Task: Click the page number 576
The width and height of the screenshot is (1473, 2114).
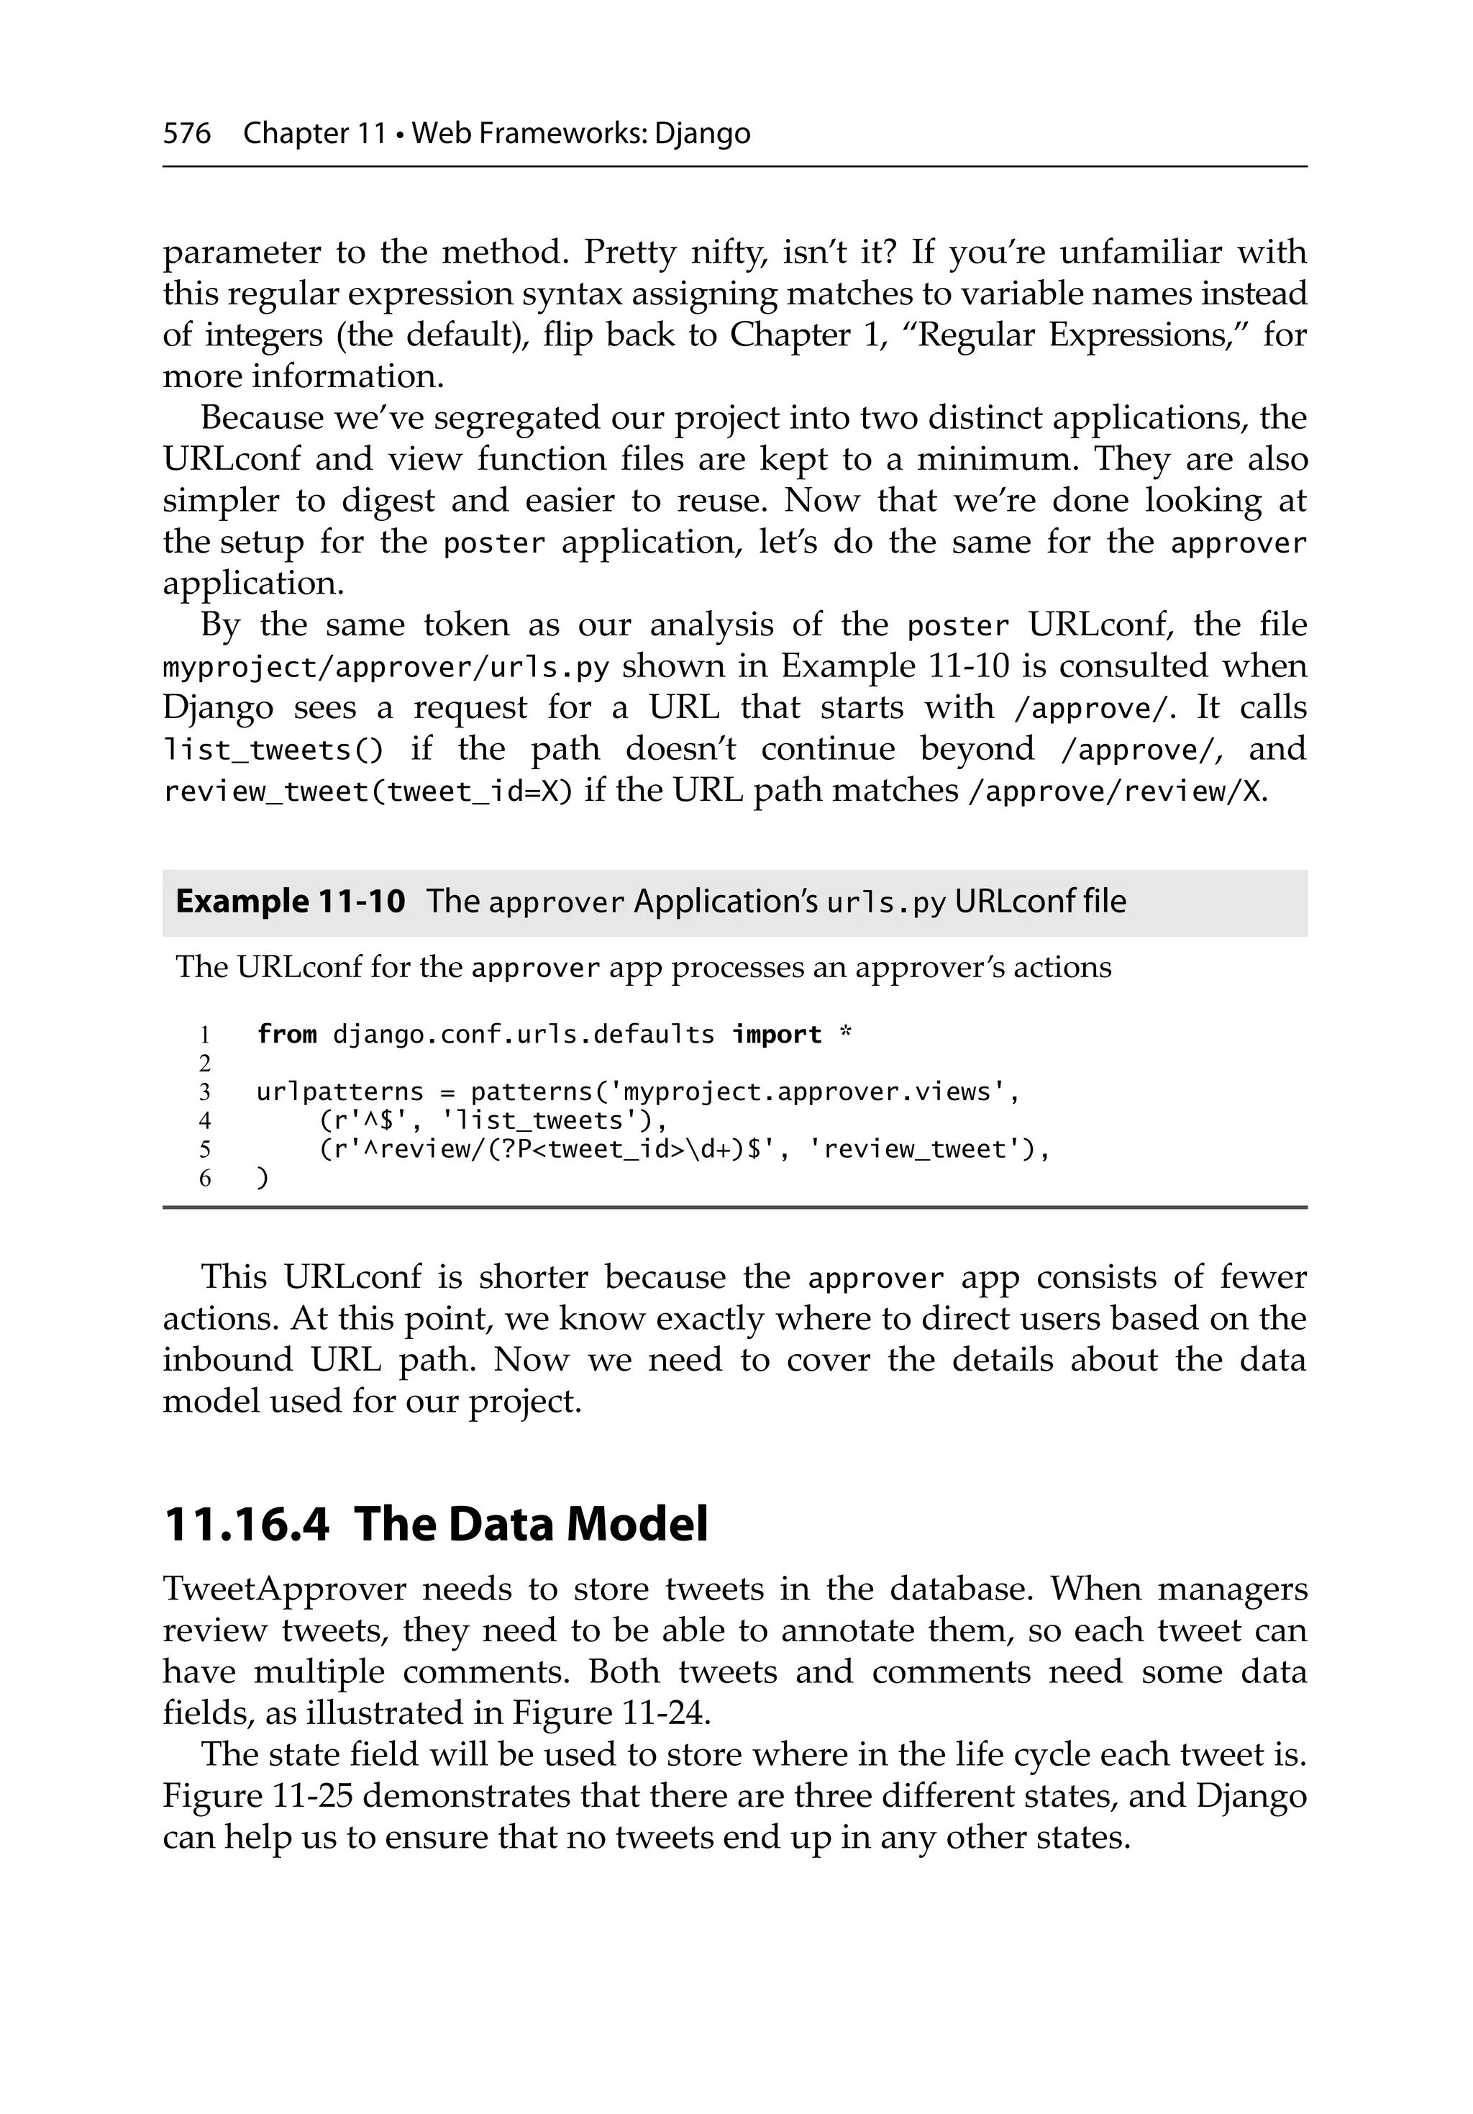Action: pyautogui.click(x=187, y=134)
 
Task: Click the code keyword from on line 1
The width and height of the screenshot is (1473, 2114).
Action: pyautogui.click(x=286, y=1034)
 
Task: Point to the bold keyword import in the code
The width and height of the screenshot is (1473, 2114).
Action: pyautogui.click(x=776, y=1034)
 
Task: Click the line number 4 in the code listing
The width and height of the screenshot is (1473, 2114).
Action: pyautogui.click(x=204, y=1120)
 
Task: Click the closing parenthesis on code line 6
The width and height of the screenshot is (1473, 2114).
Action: pyautogui.click(x=263, y=1178)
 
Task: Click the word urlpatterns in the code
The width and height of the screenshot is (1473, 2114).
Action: pyautogui.click(x=339, y=1092)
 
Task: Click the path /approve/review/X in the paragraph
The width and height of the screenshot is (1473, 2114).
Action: pyautogui.click(x=1116, y=791)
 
